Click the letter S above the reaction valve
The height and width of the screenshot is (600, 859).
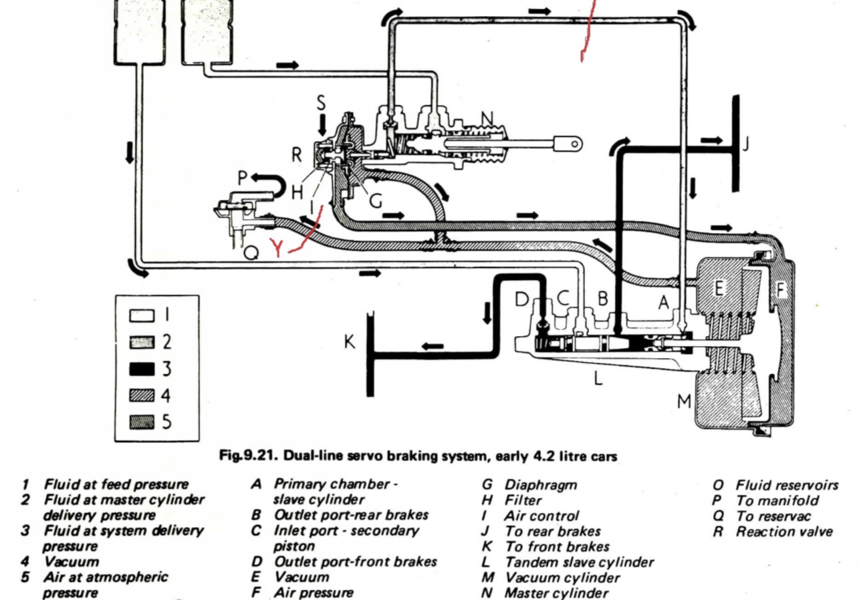click(x=322, y=103)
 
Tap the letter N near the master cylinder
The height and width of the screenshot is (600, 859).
click(x=487, y=119)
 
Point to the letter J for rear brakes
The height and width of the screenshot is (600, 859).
click(x=745, y=144)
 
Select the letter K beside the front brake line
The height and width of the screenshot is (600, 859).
click(x=350, y=341)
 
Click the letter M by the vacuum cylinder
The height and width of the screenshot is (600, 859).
click(x=684, y=402)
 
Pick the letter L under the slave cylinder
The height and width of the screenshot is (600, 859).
click(x=598, y=378)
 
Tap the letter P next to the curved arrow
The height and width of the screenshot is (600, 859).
click(x=243, y=178)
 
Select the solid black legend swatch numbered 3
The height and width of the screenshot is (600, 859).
click(x=142, y=369)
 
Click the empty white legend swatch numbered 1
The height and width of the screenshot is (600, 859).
click(x=142, y=315)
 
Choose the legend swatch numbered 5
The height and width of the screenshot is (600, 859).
click(x=142, y=422)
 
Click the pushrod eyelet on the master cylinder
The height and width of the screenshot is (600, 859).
click(x=574, y=144)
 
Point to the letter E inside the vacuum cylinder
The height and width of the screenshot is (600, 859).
click(x=719, y=288)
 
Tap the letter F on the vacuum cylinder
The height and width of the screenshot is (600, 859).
click(x=780, y=289)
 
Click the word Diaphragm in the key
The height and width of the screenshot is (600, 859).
click(x=541, y=485)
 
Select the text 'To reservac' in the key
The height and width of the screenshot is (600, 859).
click(x=773, y=516)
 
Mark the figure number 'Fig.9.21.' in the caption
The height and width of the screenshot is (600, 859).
click(x=248, y=456)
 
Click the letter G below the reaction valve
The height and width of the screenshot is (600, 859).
click(x=376, y=200)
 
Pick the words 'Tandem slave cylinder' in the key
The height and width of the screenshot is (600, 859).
click(x=580, y=563)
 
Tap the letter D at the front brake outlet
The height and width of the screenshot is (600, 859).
click(x=521, y=299)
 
